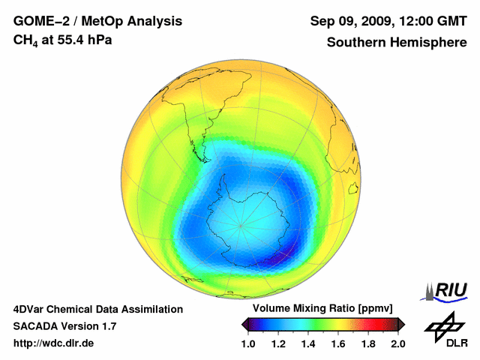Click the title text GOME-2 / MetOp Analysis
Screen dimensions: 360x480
click(87, 22)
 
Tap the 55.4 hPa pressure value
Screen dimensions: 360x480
click(84, 39)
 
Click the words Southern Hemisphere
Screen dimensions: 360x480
click(397, 42)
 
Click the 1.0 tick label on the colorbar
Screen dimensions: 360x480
click(247, 343)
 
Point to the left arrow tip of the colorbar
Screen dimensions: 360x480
click(244, 324)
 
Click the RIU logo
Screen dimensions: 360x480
click(448, 291)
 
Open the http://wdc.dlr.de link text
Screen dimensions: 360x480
click(54, 343)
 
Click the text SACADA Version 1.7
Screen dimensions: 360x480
click(64, 326)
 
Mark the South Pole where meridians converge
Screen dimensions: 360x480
click(241, 224)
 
